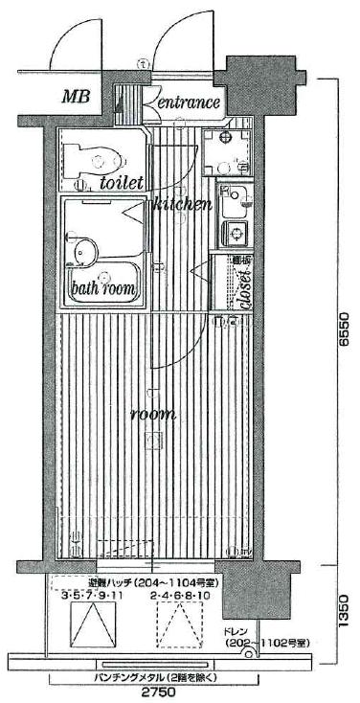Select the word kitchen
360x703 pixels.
pyautogui.click(x=182, y=204)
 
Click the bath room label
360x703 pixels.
pyautogui.click(x=102, y=288)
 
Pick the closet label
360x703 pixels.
pyautogui.click(x=245, y=283)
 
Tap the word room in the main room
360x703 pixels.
pyautogui.click(x=152, y=414)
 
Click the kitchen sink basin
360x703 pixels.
pyautogui.click(x=233, y=203)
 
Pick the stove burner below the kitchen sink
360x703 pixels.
pyautogui.click(x=234, y=232)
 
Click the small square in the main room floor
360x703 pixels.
pyautogui.click(x=151, y=441)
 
